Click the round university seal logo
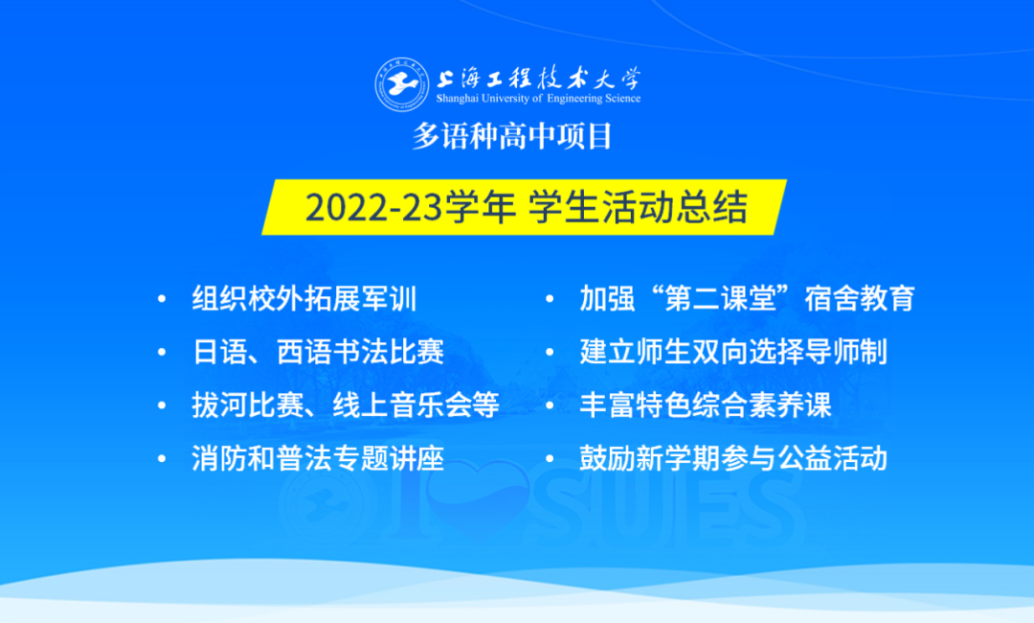click(x=401, y=84)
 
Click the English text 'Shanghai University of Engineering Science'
click(x=538, y=99)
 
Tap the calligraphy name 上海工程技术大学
click(x=538, y=78)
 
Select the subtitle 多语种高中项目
click(x=512, y=137)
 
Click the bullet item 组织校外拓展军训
click(x=304, y=298)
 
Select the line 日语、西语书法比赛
click(x=318, y=352)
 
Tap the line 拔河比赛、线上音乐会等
click(x=346, y=404)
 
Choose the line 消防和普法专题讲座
click(x=318, y=458)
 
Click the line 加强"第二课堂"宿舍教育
click(x=747, y=298)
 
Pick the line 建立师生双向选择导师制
click(x=733, y=352)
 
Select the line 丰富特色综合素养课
click(x=706, y=404)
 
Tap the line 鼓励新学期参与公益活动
click(x=733, y=458)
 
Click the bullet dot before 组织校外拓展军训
click(x=162, y=299)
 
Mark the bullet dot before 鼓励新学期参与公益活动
click(x=550, y=459)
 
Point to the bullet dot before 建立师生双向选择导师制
click(x=550, y=353)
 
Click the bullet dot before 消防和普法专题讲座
click(x=162, y=459)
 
